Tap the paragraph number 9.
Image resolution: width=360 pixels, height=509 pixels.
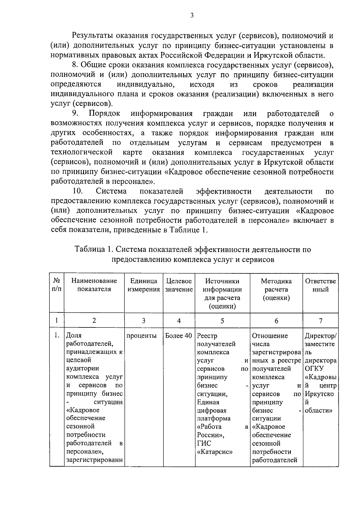75,113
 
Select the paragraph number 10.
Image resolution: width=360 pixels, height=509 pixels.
78,191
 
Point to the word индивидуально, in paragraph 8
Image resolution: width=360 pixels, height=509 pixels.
146,84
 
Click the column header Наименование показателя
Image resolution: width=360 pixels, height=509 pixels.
94,285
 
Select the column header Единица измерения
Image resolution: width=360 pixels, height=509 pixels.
144,285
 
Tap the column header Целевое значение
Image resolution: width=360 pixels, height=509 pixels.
179,285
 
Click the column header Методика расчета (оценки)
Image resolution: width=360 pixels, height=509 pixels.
276,289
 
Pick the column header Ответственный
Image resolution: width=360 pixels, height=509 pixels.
320,285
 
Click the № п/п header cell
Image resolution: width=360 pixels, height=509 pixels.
57,285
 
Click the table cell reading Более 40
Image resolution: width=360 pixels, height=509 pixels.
179,336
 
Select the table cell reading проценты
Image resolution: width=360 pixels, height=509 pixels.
142,336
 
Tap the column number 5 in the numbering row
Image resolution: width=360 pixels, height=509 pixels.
222,321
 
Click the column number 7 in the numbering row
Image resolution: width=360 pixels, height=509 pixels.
320,321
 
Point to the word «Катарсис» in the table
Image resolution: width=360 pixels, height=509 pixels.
215,452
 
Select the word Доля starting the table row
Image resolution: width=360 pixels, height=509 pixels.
74,336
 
